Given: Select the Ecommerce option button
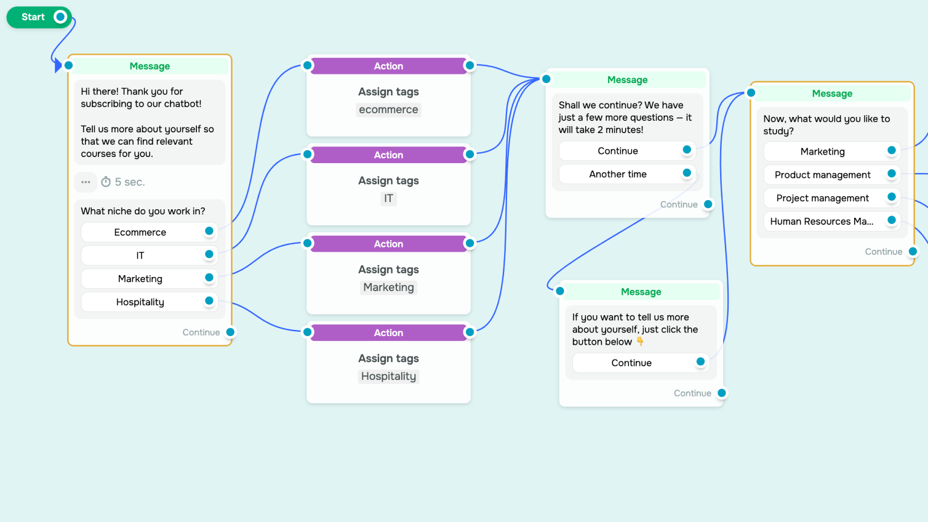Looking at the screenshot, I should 140,232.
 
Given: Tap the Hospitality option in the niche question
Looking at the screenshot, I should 140,302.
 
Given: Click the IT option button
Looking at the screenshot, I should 140,255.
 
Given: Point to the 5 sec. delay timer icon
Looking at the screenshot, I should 106,182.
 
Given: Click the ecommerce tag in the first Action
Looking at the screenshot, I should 388,110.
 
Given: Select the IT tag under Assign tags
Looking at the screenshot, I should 388,199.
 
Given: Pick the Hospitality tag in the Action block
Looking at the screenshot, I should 388,377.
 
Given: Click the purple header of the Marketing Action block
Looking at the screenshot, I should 388,244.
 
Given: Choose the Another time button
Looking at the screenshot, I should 618,174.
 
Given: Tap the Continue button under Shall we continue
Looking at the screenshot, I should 618,151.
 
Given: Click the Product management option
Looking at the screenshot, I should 822,175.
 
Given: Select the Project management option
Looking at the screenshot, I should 822,198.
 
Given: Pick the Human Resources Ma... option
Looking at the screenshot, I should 822,222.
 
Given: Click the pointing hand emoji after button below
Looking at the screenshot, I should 640,342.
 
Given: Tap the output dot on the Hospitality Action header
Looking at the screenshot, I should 470,332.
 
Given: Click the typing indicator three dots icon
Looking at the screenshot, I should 86,182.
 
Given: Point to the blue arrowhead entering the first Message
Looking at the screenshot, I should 58,65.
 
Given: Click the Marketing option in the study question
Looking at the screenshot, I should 822,151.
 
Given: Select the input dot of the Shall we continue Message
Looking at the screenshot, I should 546,79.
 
